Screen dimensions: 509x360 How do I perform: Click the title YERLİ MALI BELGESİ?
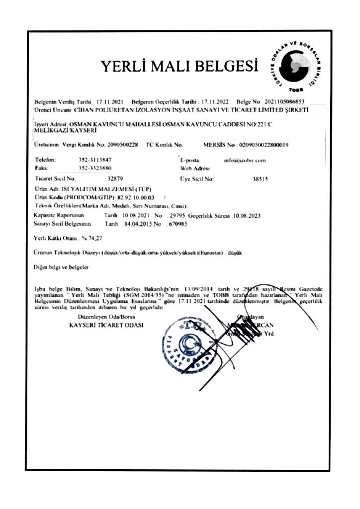click(x=180, y=66)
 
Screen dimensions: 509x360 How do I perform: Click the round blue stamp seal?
click(x=184, y=344)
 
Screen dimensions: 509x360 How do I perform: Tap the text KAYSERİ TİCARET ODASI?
click(x=106, y=325)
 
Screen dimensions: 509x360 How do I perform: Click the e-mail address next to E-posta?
click(x=245, y=160)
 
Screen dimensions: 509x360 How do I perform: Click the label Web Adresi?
click(x=194, y=169)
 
